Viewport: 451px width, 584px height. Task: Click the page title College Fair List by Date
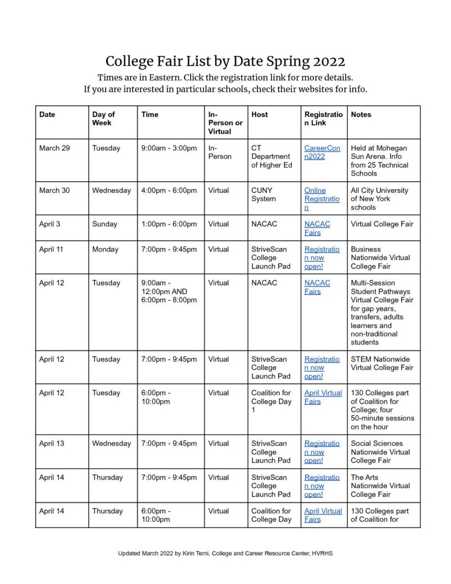click(x=225, y=61)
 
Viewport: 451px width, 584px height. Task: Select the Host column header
click(x=259, y=115)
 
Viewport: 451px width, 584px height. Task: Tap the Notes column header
click(x=361, y=115)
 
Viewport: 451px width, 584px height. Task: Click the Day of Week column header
click(x=104, y=119)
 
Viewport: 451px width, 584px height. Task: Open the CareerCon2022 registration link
click(x=322, y=152)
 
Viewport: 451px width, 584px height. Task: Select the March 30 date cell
click(x=55, y=190)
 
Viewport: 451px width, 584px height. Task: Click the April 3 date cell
click(x=50, y=224)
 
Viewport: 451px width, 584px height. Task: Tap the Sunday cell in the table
click(x=106, y=224)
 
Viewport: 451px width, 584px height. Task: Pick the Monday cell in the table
click(x=106, y=249)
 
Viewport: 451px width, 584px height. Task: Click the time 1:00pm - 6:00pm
click(x=169, y=224)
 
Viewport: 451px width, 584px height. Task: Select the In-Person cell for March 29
click(x=220, y=152)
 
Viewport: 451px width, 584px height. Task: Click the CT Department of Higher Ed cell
click(x=271, y=156)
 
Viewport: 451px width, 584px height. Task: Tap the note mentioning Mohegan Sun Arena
click(x=379, y=160)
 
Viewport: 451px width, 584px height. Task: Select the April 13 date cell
click(x=52, y=443)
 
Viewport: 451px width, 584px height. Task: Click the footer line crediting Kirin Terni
click(x=225, y=553)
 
